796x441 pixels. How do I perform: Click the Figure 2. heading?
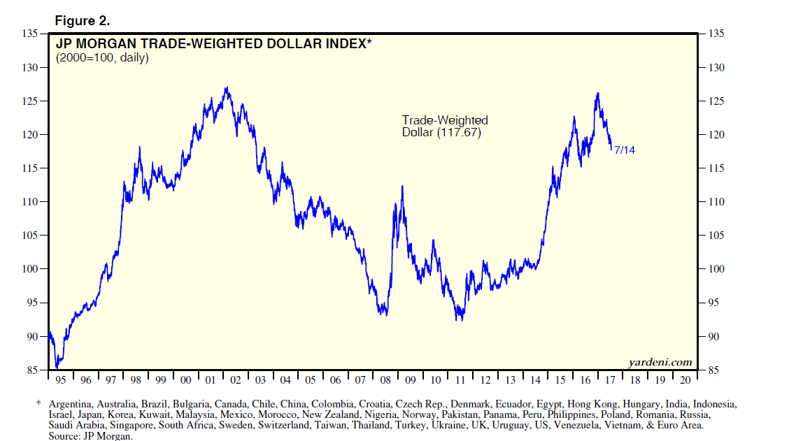[83, 20]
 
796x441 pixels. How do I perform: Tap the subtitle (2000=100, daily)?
[102, 58]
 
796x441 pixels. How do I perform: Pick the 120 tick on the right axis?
[715, 135]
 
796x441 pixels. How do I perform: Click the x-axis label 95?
[60, 380]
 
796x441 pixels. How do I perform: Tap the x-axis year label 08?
[385, 380]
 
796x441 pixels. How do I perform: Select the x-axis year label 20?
[685, 380]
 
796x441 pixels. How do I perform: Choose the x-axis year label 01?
[210, 380]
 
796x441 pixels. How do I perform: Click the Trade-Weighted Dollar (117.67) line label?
[444, 126]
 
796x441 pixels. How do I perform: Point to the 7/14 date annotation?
[625, 150]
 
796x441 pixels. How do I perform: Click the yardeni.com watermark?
[660, 362]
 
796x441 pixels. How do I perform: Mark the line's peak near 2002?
[226, 88]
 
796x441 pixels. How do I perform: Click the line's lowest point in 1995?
[57, 368]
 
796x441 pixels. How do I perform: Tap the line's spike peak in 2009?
[402, 187]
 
